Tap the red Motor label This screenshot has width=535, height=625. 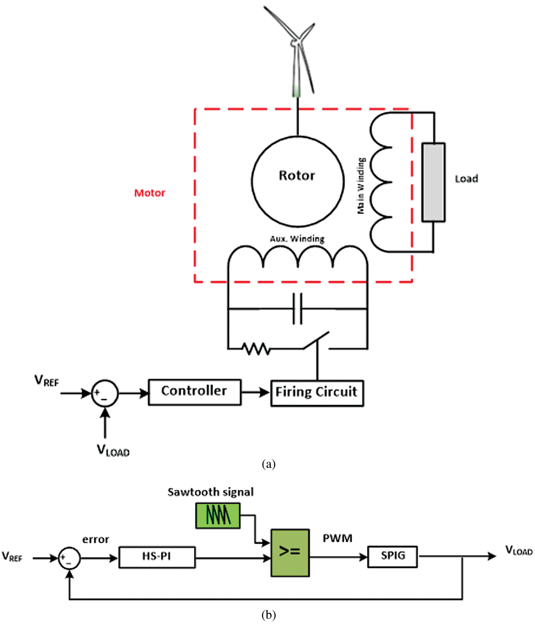tap(150, 193)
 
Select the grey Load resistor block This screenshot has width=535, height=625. tap(433, 182)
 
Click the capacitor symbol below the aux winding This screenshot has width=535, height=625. tap(297, 309)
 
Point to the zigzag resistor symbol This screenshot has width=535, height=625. tap(256, 349)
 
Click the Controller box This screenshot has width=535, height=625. tap(195, 392)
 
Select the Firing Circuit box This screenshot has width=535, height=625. tap(317, 393)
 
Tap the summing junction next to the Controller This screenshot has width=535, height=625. tap(105, 393)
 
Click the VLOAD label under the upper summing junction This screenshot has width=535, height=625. tap(113, 451)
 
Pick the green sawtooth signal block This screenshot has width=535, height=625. tap(218, 516)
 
